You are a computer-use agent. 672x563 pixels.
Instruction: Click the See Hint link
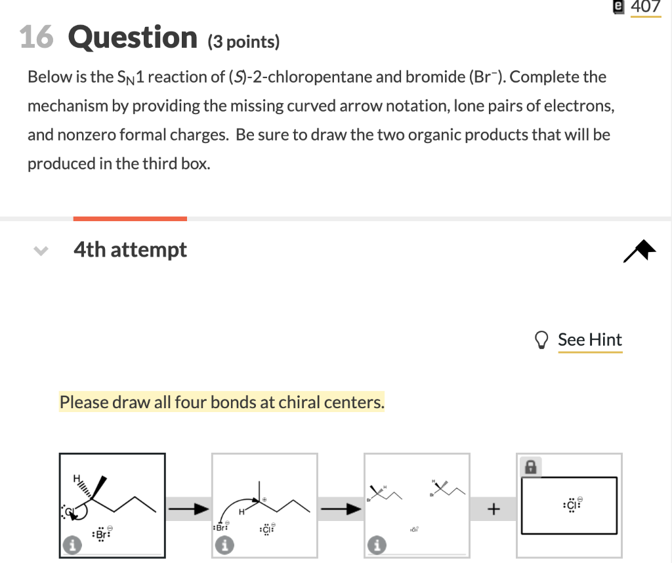[589, 340]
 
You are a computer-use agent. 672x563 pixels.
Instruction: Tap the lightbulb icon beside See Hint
[542, 340]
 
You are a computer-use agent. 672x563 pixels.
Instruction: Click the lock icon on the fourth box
[530, 467]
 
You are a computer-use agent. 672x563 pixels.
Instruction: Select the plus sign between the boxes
[493, 508]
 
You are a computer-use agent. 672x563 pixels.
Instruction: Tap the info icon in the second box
[224, 544]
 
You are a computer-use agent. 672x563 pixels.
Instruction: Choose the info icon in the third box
[377, 544]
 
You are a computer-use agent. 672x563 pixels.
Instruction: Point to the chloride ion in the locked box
[571, 505]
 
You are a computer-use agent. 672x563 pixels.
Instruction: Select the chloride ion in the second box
[266, 529]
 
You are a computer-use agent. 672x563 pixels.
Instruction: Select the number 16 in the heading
[37, 37]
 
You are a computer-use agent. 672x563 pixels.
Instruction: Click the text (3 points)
[243, 42]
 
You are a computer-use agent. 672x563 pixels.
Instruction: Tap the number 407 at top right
[646, 7]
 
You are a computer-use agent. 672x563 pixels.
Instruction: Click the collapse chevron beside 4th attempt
[41, 251]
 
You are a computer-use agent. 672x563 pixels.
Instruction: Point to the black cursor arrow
[640, 251]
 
